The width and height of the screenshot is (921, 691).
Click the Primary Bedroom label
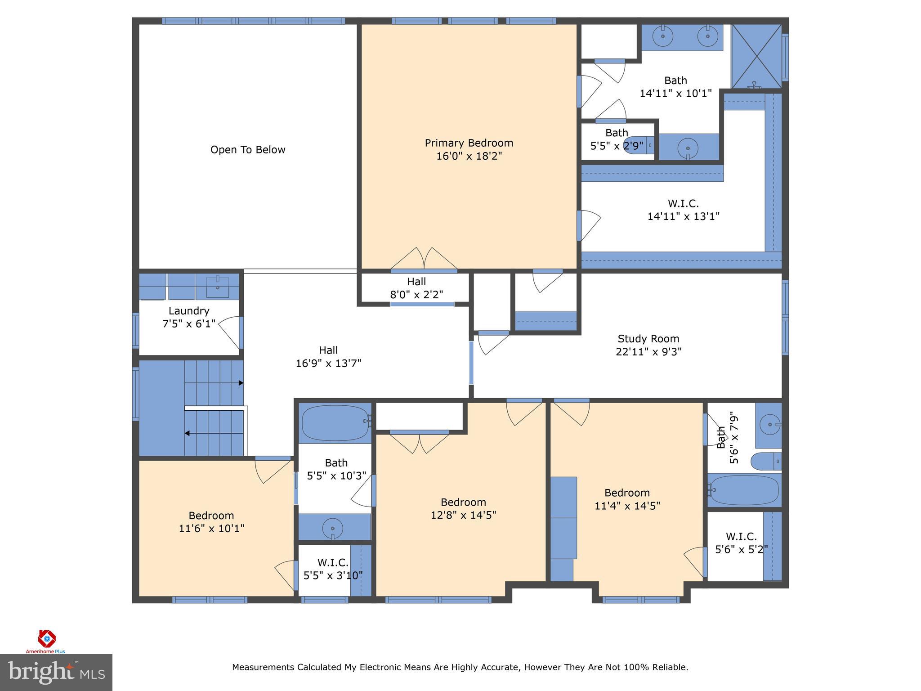(469, 143)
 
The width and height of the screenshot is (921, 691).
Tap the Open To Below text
(248, 150)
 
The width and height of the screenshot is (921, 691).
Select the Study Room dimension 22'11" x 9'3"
(648, 352)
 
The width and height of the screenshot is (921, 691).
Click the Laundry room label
(189, 311)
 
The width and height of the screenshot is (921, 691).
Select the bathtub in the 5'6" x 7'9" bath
(744, 490)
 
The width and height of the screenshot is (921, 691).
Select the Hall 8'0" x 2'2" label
(416, 288)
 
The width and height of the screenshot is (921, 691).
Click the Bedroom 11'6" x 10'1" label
(211, 522)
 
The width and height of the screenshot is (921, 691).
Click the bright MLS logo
(56, 673)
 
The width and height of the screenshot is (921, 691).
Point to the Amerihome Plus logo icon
(46, 638)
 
